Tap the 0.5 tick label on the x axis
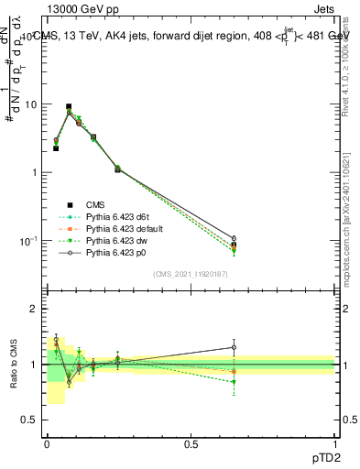[x=191, y=443]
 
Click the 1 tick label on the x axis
[x=334, y=443]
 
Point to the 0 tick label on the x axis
[x=47, y=443]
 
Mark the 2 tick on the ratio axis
[x=34, y=310]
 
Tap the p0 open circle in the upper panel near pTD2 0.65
[x=234, y=238]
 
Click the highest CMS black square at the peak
[x=69, y=106]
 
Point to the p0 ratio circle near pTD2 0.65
[x=234, y=347]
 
